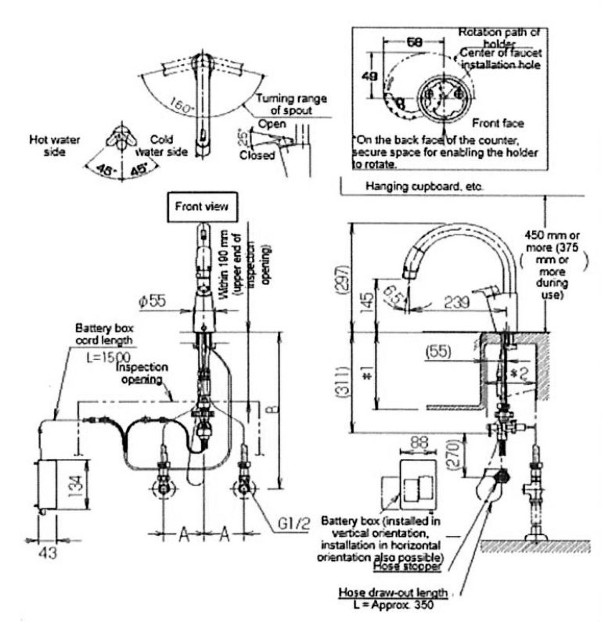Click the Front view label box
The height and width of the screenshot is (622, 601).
(202, 207)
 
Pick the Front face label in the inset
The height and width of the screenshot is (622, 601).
(498, 123)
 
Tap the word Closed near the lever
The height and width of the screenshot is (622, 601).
(259, 155)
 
